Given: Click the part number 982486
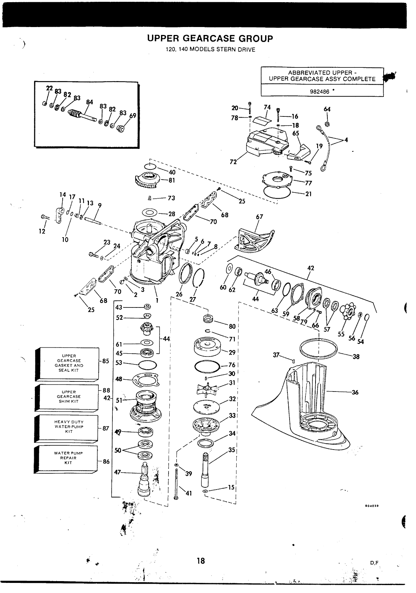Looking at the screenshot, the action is (x=319, y=92).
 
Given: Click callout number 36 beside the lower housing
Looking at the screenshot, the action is (x=355, y=392).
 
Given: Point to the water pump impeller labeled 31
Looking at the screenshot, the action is (x=207, y=389).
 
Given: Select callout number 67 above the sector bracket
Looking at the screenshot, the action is (x=259, y=217).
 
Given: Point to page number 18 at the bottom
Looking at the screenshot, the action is (x=201, y=561).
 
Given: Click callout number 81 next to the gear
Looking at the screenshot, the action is (x=172, y=180).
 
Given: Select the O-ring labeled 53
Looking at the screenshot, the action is (x=148, y=365).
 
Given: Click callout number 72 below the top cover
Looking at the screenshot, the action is (x=233, y=162).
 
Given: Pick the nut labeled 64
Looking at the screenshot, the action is (x=327, y=124).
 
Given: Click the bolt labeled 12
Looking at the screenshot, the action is (x=45, y=217).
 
